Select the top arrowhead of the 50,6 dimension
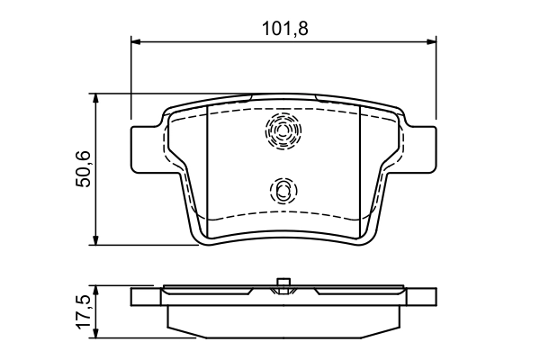point(96,97)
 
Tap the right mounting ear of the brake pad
point(419,148)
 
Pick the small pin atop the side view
point(283,285)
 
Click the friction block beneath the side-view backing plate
point(283,321)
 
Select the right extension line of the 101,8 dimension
point(436,81)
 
